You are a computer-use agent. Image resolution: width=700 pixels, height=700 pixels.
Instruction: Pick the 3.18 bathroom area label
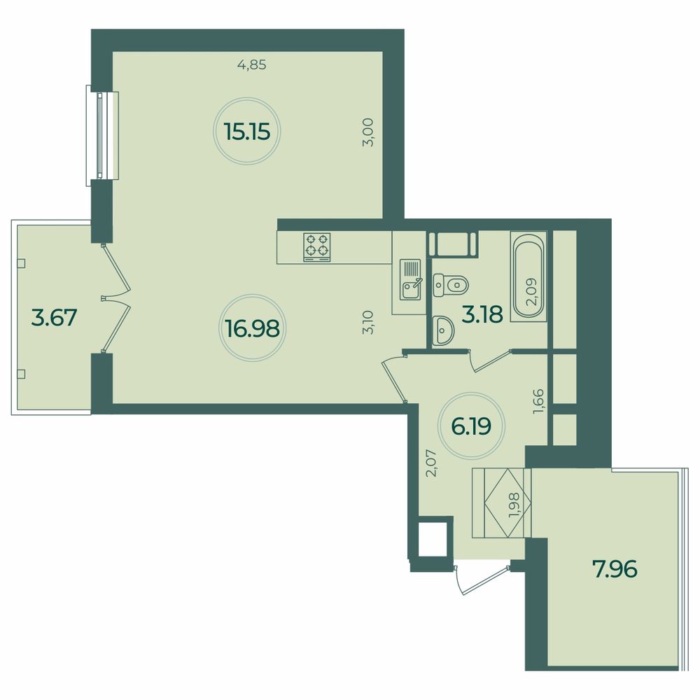pos(482,314)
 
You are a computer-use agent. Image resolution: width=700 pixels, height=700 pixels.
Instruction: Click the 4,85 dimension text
pos(253,66)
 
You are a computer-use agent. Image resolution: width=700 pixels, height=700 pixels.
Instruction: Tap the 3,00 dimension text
pos(371,132)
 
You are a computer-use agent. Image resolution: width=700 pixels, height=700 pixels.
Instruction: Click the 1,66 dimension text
pos(538,401)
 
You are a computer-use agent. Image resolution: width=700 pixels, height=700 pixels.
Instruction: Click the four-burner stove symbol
pos(316,247)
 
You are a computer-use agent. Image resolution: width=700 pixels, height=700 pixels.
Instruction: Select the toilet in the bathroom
pos(451,283)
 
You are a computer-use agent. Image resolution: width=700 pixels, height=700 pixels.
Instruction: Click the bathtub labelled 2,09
pos(530,276)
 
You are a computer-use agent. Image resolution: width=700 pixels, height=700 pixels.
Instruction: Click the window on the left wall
pos(102,135)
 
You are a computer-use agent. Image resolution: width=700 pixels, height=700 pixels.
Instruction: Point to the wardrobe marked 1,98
pos(502,503)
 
